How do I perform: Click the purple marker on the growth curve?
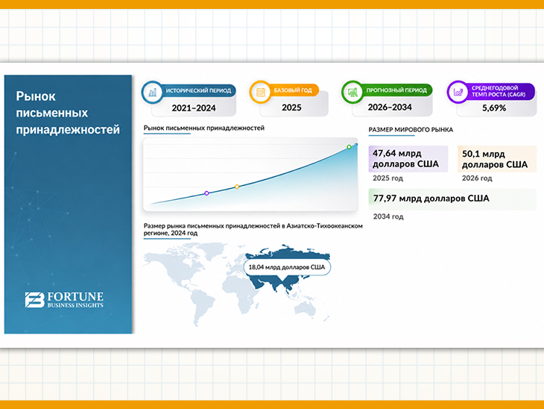206,193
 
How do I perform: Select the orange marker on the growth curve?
237,187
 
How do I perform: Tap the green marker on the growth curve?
349,147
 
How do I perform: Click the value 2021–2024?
194,108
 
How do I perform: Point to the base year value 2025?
291,107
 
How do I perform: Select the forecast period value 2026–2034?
390,107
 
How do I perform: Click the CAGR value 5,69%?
494,108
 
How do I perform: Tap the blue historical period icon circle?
152,93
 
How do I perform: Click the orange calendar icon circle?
260,92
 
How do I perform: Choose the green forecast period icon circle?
352,92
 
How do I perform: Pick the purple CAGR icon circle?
458,92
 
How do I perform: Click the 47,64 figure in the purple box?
384,153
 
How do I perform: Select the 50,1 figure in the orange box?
470,154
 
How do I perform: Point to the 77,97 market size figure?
385,199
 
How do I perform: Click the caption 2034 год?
388,216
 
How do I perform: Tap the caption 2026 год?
477,178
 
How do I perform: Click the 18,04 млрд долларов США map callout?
287,267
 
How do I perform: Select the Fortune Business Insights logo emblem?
35,299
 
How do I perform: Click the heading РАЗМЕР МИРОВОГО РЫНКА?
411,130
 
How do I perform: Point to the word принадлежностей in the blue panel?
68,130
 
